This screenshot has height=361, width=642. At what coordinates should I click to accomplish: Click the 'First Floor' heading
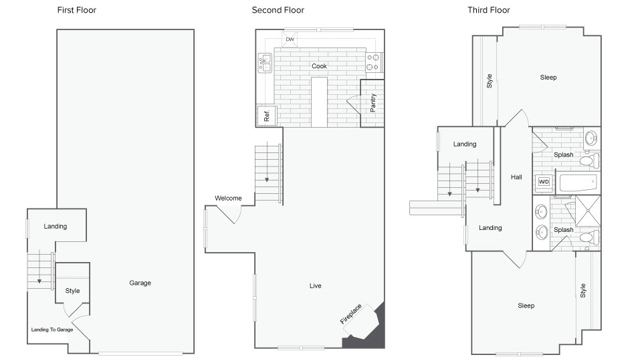(x=76, y=10)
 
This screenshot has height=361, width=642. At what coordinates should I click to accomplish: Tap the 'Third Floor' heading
(x=489, y=10)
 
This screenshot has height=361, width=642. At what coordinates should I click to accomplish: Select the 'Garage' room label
(x=140, y=283)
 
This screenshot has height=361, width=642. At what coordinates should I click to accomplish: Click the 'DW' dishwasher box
(x=290, y=39)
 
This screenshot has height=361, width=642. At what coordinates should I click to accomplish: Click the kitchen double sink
(x=265, y=63)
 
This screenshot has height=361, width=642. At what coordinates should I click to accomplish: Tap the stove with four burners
(x=374, y=62)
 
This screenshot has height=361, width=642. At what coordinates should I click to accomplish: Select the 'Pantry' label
(x=373, y=103)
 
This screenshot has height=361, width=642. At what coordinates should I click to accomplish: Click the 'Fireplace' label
(x=351, y=314)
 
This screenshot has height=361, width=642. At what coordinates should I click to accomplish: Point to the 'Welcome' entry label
(x=228, y=198)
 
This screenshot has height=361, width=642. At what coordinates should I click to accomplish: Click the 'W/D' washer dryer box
(x=544, y=182)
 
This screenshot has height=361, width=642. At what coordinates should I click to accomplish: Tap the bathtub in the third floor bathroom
(x=578, y=183)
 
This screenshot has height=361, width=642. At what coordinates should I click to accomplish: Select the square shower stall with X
(x=588, y=211)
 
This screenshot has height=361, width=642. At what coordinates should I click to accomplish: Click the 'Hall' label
(x=516, y=177)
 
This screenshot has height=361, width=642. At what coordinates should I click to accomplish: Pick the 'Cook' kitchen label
(x=320, y=66)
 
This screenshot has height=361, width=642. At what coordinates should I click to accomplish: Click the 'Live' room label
(x=315, y=285)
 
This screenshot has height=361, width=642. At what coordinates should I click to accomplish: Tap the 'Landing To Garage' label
(x=52, y=330)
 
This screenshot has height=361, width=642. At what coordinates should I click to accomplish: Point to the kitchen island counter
(x=320, y=102)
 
